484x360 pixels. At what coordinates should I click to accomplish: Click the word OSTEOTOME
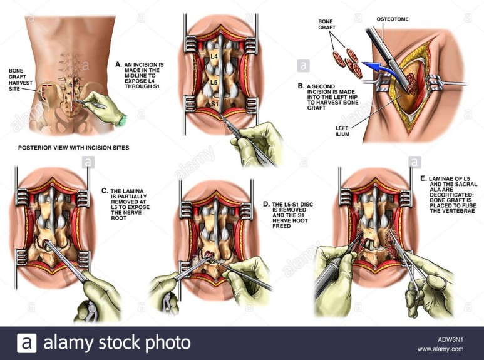point(392,18)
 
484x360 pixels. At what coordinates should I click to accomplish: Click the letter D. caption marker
point(265,204)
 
